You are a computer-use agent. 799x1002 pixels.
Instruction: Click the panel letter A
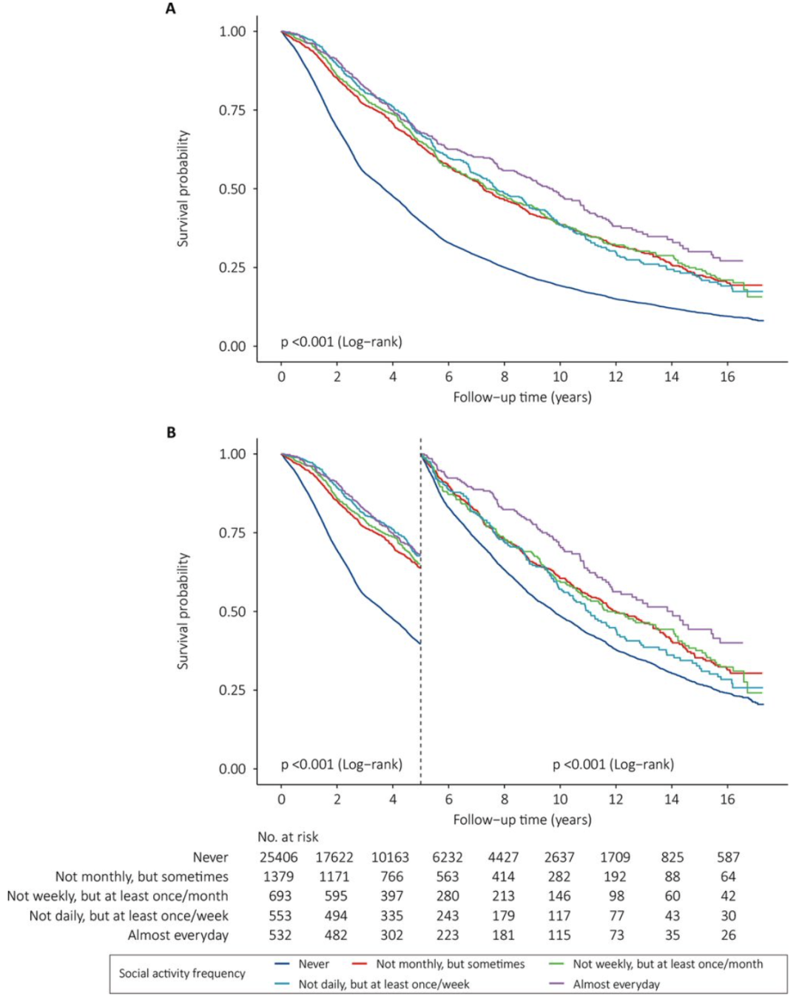[x=171, y=10]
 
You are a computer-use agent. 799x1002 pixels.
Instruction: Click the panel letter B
[x=171, y=433]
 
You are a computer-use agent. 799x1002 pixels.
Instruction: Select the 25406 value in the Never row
[x=278, y=857]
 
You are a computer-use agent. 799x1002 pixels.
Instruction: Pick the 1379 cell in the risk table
[x=278, y=876]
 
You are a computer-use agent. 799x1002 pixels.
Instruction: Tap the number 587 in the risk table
[x=728, y=857]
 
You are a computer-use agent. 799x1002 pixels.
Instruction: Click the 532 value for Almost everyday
[x=278, y=935]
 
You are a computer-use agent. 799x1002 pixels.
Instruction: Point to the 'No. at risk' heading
[x=288, y=836]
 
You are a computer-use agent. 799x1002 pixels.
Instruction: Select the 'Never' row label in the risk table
[x=210, y=857]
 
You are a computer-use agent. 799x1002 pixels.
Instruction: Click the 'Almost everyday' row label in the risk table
[x=178, y=935]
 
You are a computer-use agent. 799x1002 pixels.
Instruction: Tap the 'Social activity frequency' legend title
[x=182, y=973]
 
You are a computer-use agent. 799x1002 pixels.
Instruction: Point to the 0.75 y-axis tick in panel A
[x=232, y=110]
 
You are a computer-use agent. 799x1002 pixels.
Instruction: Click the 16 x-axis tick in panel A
[x=727, y=376]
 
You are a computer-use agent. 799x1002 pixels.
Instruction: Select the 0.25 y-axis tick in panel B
[x=232, y=690]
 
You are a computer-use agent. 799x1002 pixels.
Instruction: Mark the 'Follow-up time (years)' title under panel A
[x=522, y=397]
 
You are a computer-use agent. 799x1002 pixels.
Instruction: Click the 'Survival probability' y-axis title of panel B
[x=183, y=611]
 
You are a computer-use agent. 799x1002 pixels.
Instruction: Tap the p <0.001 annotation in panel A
[x=341, y=342]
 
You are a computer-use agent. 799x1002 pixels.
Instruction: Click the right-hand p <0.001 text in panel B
[x=613, y=764]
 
